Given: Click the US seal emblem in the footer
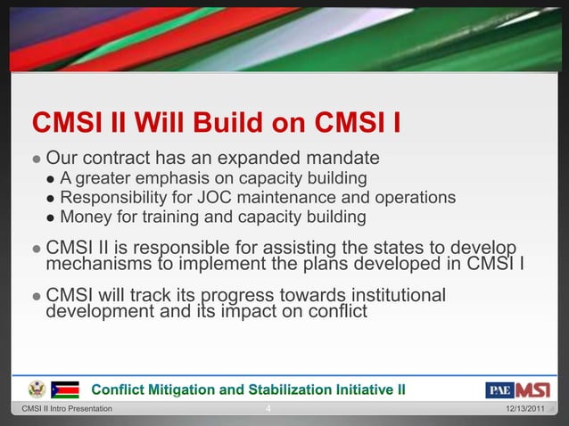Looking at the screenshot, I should click(x=37, y=389).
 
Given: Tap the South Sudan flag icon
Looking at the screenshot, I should click(x=65, y=389).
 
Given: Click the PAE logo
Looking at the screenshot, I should click(x=499, y=389).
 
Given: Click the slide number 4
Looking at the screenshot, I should click(x=269, y=409).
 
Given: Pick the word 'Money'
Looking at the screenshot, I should click(x=86, y=217).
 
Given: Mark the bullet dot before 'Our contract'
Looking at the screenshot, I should click(x=36, y=160).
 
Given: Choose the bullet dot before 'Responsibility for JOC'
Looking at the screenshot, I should click(x=52, y=198).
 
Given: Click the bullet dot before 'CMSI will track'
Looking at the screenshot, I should click(x=36, y=296).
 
